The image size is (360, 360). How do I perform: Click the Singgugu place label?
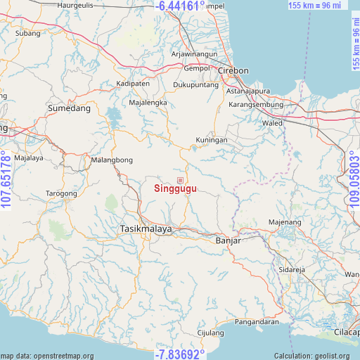tap(176, 188)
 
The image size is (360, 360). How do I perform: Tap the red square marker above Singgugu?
tap(180, 180)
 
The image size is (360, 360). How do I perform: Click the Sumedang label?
tap(70, 108)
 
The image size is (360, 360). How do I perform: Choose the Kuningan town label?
tap(212, 140)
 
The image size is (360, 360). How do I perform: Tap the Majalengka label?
tap(147, 102)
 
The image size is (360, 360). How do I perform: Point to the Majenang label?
tap(285, 223)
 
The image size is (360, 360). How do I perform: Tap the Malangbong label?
tap(111, 160)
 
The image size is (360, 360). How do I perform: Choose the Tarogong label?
tap(61, 193)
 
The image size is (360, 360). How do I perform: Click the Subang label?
tap(27, 33)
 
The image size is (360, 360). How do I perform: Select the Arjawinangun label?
tap(195, 54)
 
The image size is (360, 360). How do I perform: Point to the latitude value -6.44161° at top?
tap(180, 6)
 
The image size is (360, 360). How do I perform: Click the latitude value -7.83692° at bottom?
tap(180, 353)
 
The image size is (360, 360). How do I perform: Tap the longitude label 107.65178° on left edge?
tap(6, 180)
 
